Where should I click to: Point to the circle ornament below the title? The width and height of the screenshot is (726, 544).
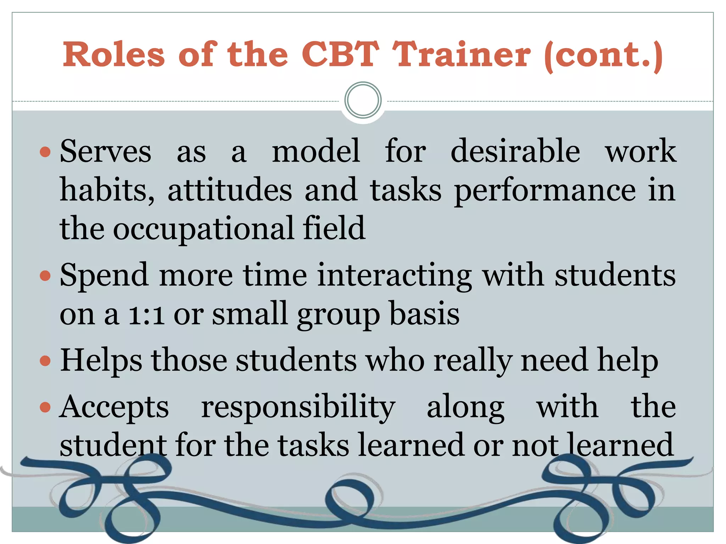click(x=363, y=100)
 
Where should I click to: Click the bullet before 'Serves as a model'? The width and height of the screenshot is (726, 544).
click(x=45, y=152)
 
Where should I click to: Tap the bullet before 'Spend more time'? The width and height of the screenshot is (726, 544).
click(x=45, y=276)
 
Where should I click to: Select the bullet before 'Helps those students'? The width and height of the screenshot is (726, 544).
click(x=45, y=361)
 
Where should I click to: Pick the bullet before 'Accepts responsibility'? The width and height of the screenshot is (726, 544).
click(x=45, y=407)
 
